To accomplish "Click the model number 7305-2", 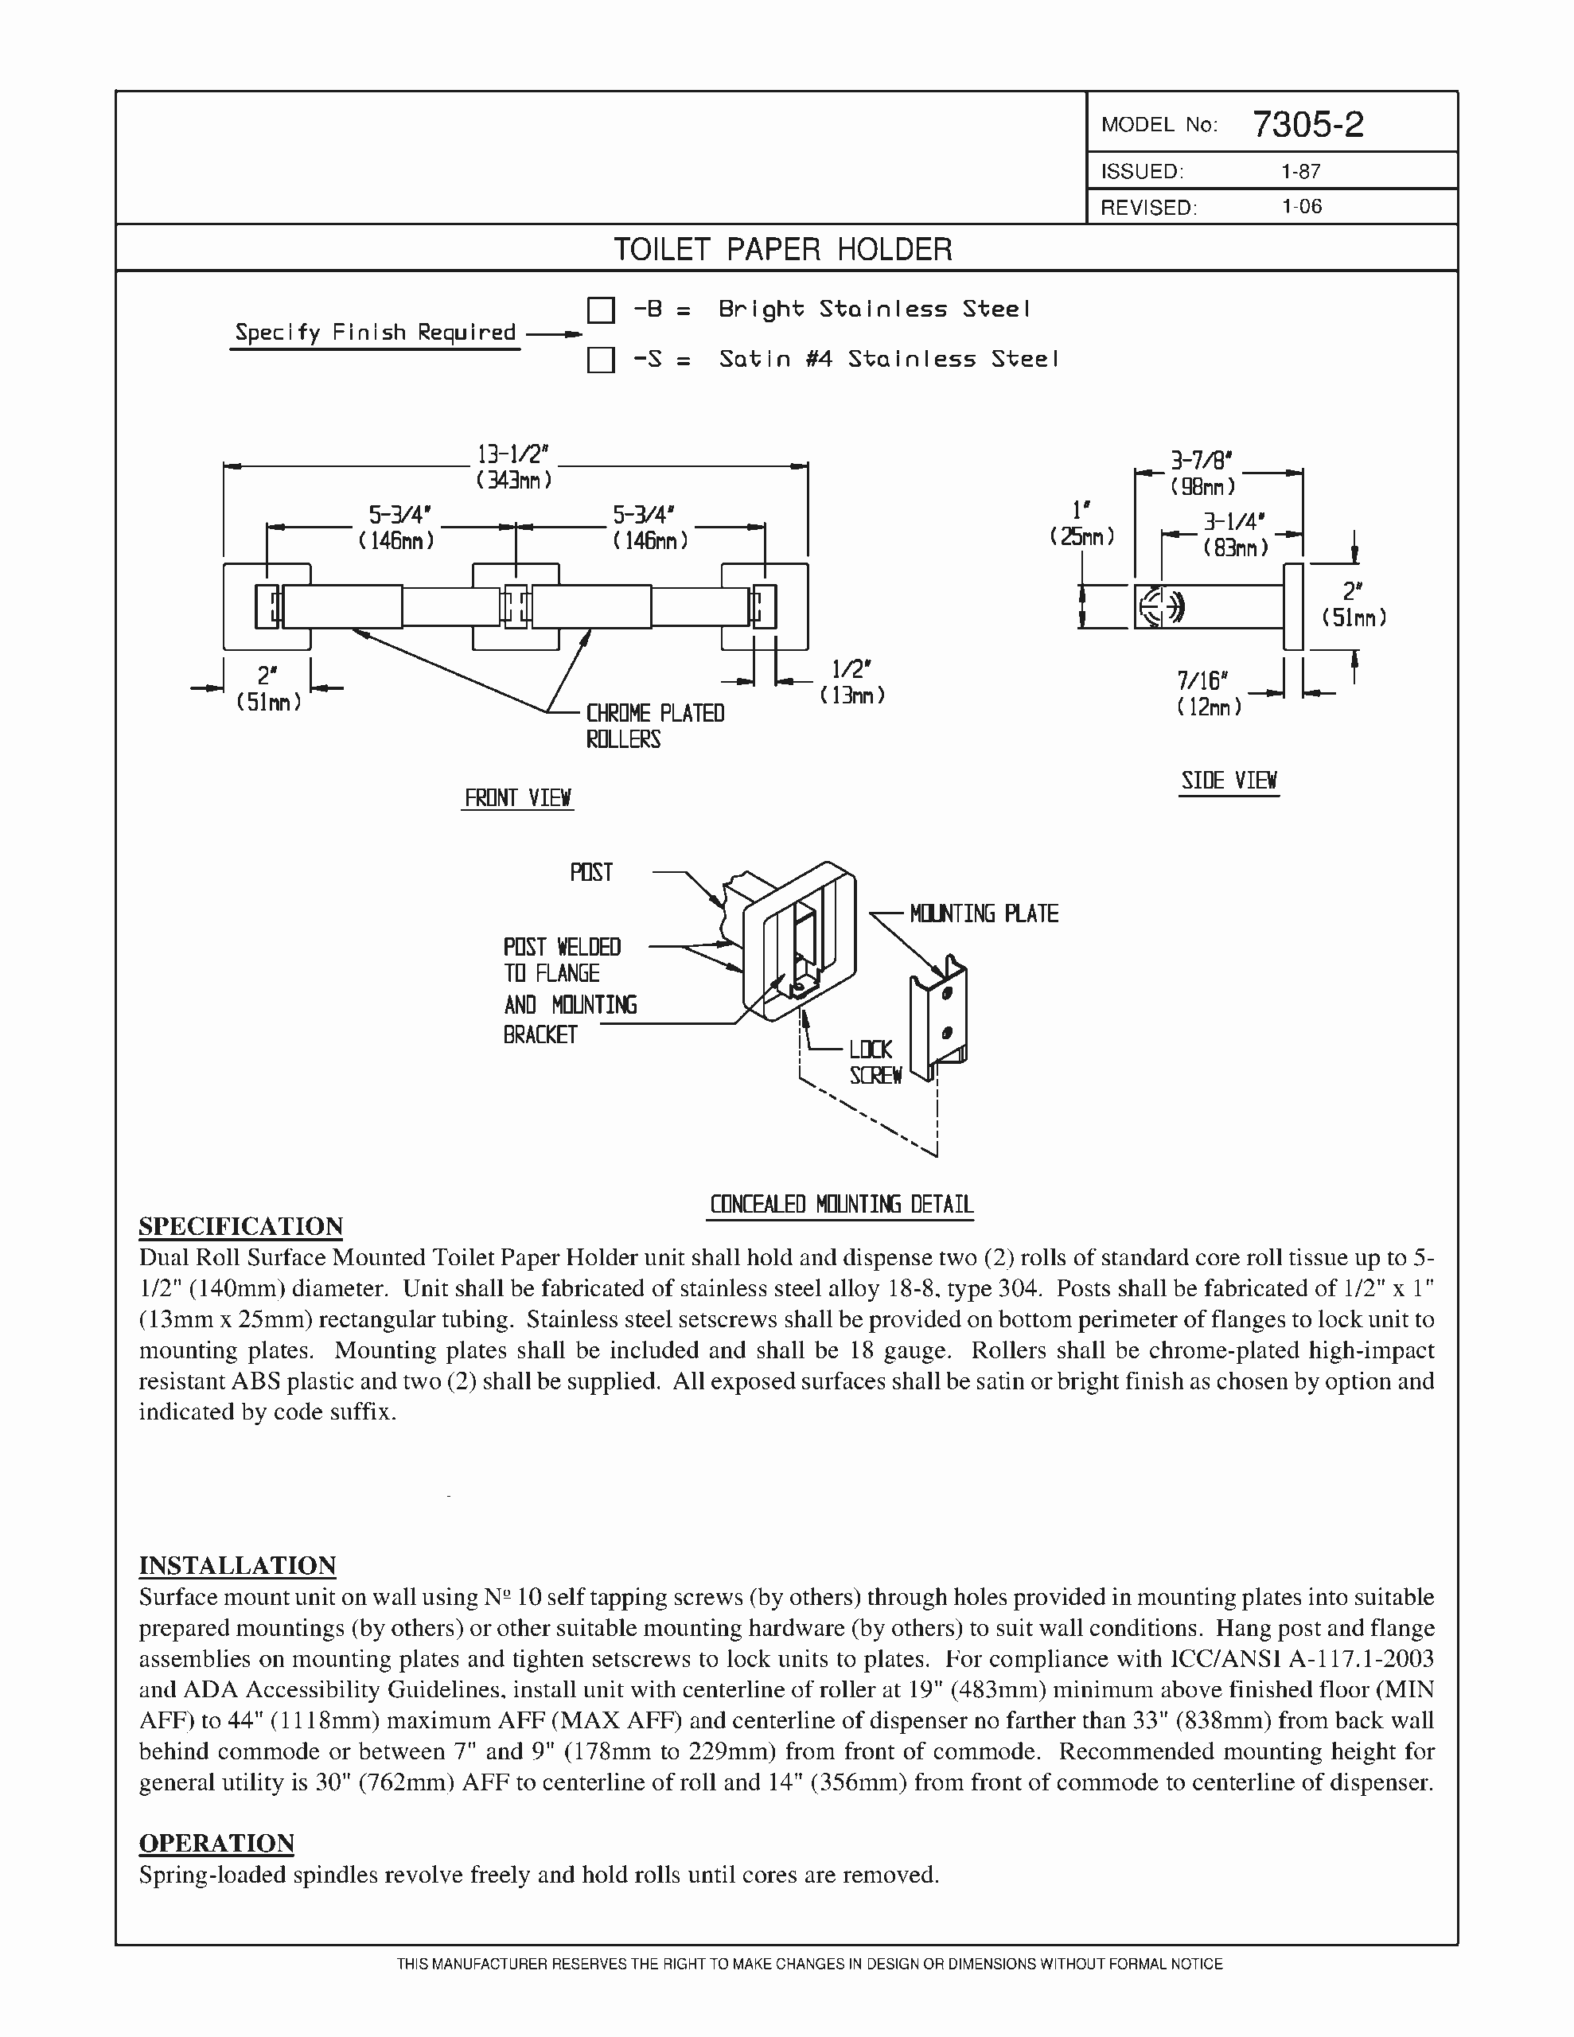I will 1307,124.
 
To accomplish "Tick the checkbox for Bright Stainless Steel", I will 601,310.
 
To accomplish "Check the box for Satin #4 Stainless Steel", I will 601,359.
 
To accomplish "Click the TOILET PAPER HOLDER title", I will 782,249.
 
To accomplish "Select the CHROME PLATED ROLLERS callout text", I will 654,726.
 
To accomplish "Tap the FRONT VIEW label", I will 518,797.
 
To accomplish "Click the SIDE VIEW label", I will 1229,781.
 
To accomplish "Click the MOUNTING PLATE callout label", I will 984,913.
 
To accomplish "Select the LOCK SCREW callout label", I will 873,1062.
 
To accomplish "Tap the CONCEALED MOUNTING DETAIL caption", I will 842,1204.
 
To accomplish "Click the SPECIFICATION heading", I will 241,1225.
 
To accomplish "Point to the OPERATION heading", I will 216,1843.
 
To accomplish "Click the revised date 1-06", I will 1302,207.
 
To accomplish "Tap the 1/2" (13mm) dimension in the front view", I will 851,681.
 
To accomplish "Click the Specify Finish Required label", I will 375,333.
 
